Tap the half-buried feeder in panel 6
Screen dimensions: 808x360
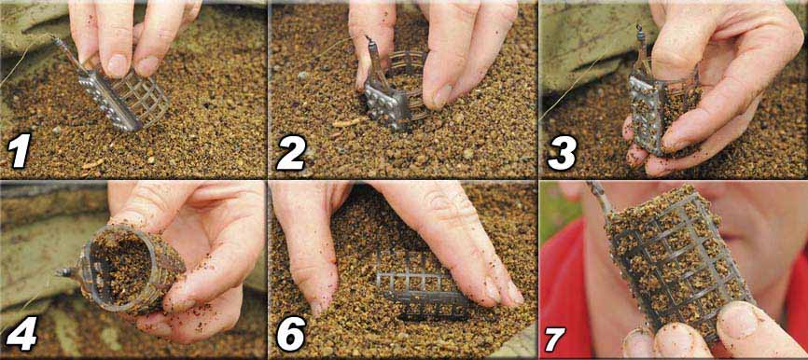(415, 284)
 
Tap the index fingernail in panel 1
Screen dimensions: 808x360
(117, 66)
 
